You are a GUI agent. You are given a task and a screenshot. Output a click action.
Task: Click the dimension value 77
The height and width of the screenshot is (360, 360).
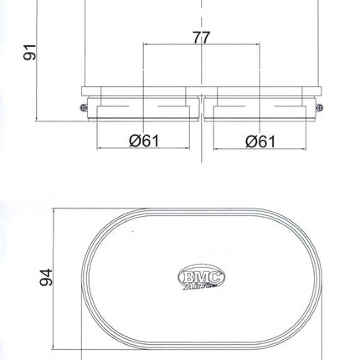[201, 38]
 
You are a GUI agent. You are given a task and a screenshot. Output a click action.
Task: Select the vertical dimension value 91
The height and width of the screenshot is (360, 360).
[29, 52]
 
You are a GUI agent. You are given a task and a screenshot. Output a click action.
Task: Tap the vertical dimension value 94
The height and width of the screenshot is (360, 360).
[46, 277]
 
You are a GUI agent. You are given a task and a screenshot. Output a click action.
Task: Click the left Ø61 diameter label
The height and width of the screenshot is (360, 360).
[144, 141]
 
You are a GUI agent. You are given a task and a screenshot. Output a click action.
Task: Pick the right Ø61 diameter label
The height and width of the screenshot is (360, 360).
[260, 141]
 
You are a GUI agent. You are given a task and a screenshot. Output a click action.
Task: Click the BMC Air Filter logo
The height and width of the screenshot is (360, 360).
[202, 277]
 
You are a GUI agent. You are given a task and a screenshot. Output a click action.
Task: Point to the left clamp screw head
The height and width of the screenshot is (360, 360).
[84, 107]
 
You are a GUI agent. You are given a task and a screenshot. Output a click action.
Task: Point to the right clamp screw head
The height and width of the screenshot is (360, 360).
[320, 107]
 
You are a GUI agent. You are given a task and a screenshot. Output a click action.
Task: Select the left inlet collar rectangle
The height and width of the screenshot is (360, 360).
[143, 112]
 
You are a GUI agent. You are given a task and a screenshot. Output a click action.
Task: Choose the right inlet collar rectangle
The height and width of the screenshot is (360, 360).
[260, 112]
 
